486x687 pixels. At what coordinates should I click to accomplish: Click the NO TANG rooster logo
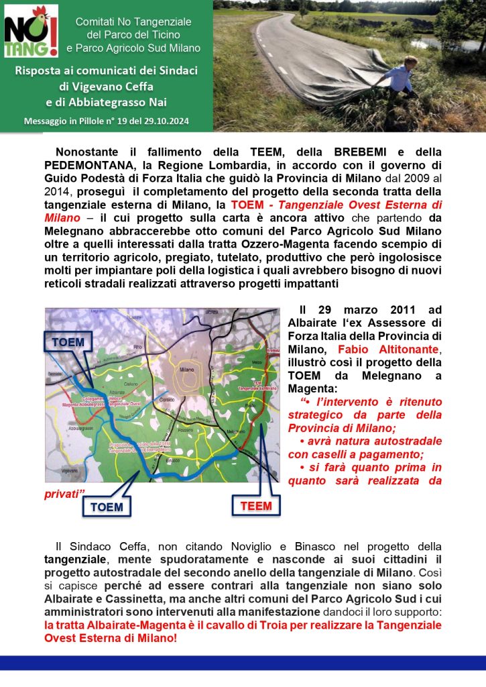[x=31, y=31]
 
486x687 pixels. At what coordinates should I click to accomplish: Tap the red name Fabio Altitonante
[x=386, y=350]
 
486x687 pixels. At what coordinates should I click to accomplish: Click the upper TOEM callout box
[x=68, y=342]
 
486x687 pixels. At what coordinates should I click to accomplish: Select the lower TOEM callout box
[x=107, y=507]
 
